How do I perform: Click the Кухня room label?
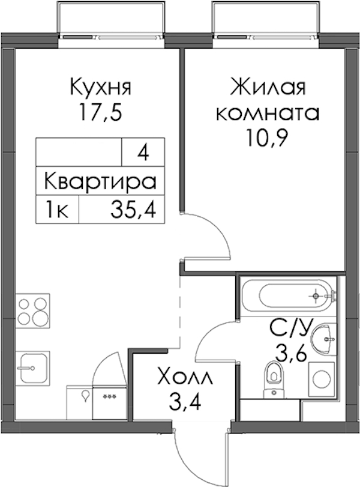101,87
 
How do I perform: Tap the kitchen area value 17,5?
100,112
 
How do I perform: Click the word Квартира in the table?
100,182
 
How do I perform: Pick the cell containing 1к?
58,210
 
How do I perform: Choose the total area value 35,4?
133,210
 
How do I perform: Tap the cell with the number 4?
143,152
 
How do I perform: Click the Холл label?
185,377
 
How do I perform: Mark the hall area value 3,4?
185,402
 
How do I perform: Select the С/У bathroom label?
289,328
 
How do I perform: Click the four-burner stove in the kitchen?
33,310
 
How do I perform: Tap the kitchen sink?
33,368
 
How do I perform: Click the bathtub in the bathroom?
288,295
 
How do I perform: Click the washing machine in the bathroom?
322,379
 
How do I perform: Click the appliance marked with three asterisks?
109,402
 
